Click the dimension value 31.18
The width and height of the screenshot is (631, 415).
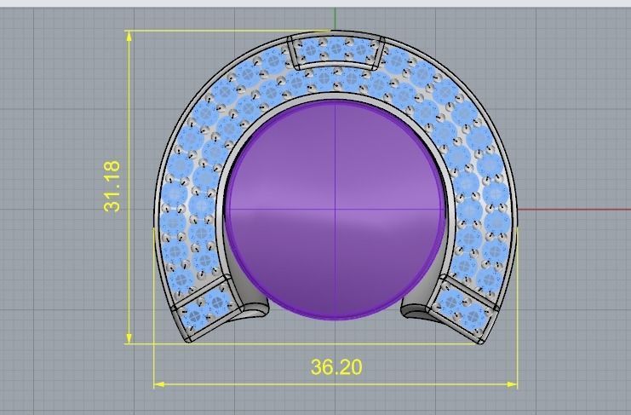click(x=112, y=187)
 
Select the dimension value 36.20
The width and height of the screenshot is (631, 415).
click(x=336, y=367)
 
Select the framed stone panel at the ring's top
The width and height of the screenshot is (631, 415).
click(x=336, y=53)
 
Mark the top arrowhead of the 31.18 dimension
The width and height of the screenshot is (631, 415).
click(x=129, y=36)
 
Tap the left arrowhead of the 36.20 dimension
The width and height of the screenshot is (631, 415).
click(x=159, y=384)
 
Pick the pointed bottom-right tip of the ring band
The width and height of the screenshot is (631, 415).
click(x=481, y=342)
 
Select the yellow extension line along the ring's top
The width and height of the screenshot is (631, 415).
click(x=213, y=31)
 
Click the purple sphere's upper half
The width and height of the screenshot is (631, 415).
click(x=336, y=153)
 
